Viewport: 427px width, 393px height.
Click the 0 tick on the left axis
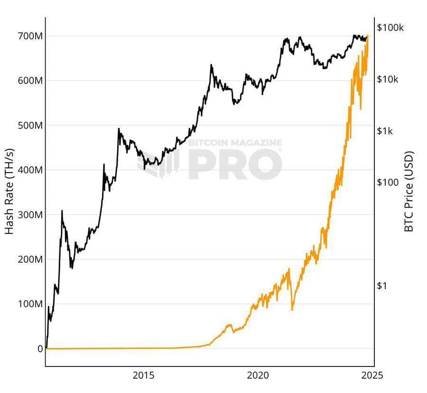(x=39, y=349)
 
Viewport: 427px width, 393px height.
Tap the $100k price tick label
(x=390, y=27)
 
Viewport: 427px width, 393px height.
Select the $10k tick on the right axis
(x=388, y=79)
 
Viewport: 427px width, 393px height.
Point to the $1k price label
(x=386, y=131)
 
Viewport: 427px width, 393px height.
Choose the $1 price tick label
(x=381, y=286)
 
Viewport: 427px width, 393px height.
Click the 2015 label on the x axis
(x=144, y=375)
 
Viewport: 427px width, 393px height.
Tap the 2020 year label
(x=259, y=375)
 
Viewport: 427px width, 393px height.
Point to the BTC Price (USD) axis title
(x=409, y=192)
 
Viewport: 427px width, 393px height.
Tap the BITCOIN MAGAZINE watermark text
(x=235, y=143)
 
